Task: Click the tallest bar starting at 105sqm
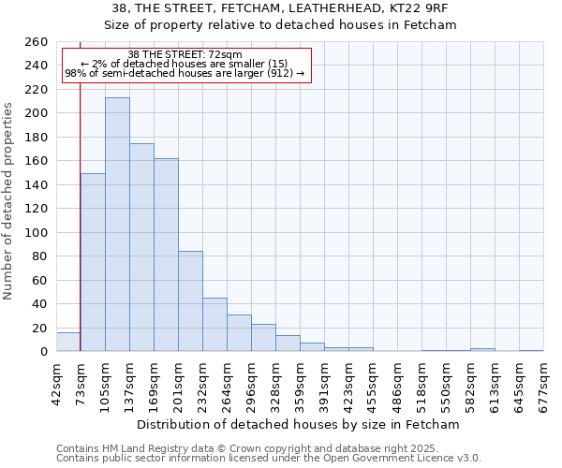[117, 225]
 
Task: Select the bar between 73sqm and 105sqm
[93, 262]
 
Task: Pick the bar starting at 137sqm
[141, 247]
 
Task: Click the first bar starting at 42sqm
[68, 343]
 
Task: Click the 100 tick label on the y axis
[36, 233]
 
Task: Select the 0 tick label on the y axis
[43, 352]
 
